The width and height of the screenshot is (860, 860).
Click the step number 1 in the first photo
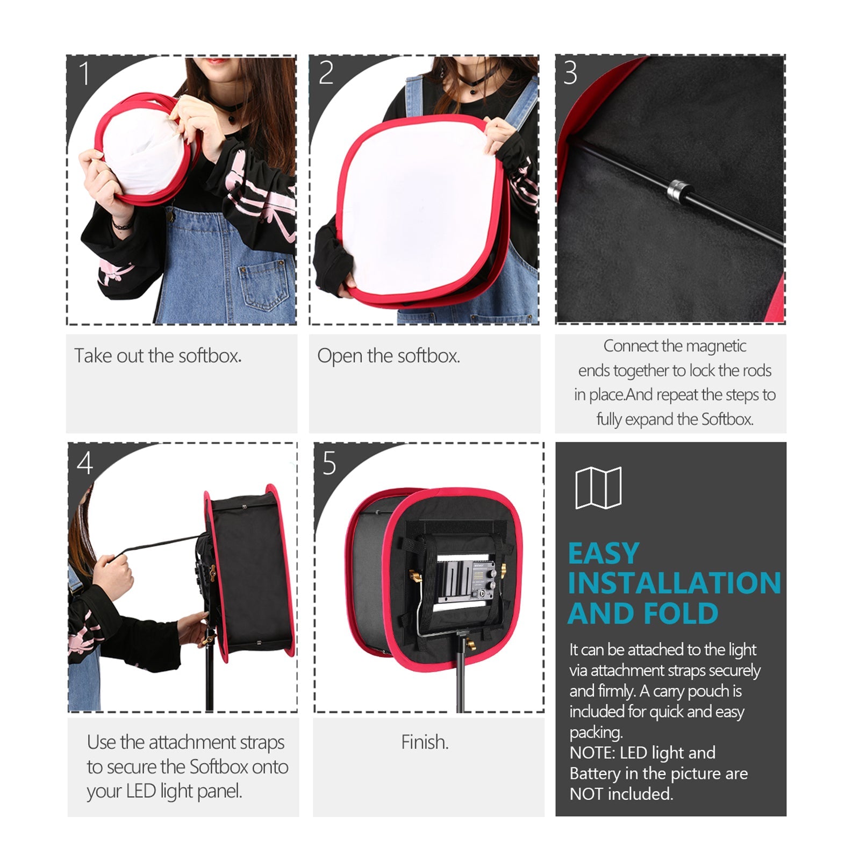point(84,73)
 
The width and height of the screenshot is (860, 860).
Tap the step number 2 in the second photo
point(326,73)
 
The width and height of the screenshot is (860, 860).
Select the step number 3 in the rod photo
point(570,73)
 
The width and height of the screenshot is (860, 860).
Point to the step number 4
point(85,463)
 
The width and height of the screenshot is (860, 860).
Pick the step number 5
point(329,463)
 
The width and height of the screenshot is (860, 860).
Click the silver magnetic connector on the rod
point(678,190)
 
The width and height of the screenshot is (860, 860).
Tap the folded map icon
point(598,488)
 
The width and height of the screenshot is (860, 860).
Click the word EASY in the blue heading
point(603,554)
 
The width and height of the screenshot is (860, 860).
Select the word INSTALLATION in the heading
point(674,583)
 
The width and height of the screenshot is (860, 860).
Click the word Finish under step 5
point(424,742)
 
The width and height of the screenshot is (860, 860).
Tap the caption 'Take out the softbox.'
point(157,356)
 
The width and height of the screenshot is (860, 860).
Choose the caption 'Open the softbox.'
point(388,356)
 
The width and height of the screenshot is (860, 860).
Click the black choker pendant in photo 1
point(232,118)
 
